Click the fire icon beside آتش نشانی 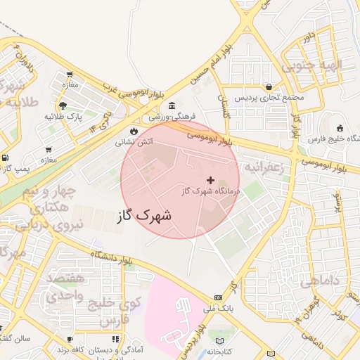(134, 130)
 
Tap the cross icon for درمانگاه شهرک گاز (210, 181)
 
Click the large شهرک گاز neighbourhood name (145, 215)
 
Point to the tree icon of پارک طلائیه (63, 105)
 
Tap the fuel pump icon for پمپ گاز (6, 158)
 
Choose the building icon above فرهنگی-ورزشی (172, 105)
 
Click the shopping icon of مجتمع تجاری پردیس (269, 87)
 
